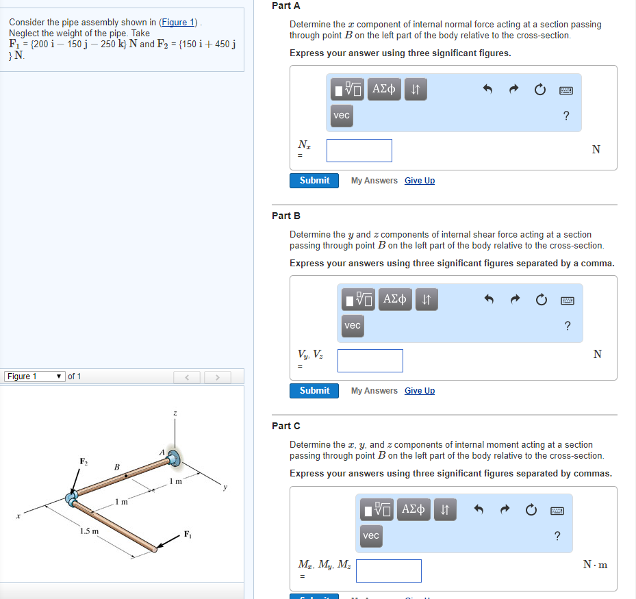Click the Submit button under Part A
(314, 181)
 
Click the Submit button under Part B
(314, 391)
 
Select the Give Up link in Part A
(419, 181)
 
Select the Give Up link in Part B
(419, 391)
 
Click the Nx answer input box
(359, 151)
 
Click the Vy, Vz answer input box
(370, 361)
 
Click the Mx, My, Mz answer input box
(388, 571)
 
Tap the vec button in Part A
(342, 115)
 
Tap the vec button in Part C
(371, 535)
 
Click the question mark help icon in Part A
(566, 116)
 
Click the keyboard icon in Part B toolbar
(566, 300)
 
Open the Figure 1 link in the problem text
(179, 23)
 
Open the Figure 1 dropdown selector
(36, 377)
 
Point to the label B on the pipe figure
(116, 467)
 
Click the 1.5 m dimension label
(89, 531)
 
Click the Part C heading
(286, 426)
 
